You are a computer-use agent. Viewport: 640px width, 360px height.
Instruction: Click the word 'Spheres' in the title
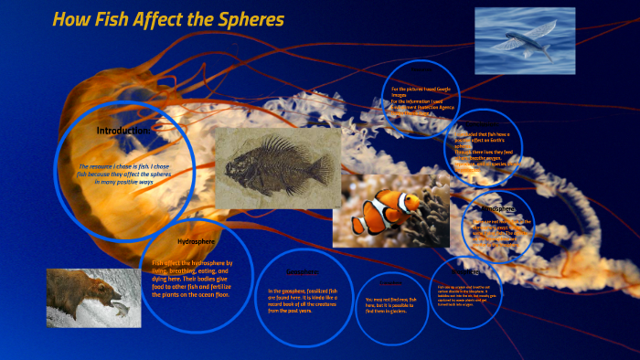pos(248,18)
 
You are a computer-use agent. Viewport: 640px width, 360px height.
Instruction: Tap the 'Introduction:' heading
pos(123,131)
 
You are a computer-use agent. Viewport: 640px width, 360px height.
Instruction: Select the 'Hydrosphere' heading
pos(195,242)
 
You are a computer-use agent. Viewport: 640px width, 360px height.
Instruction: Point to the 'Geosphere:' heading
pos(302,271)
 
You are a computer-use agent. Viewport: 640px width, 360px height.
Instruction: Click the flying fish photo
pos(524,40)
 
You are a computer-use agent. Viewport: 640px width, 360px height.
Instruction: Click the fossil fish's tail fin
pos(319,169)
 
